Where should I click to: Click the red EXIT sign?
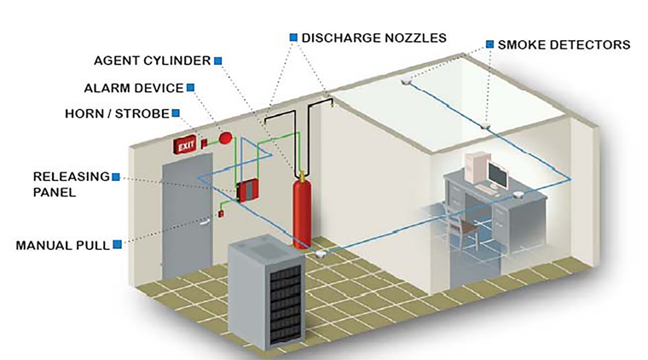click(x=187, y=147)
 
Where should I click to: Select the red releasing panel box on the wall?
click(x=248, y=189)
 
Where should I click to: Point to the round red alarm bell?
click(x=225, y=138)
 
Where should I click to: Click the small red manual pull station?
click(x=220, y=213)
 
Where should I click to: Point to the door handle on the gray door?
click(x=205, y=224)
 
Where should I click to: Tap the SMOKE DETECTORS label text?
click(x=564, y=44)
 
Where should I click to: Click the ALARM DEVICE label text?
click(x=134, y=87)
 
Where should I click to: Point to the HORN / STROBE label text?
click(x=117, y=113)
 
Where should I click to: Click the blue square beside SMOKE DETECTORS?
click(x=489, y=44)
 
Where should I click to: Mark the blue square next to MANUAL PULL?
click(x=116, y=245)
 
